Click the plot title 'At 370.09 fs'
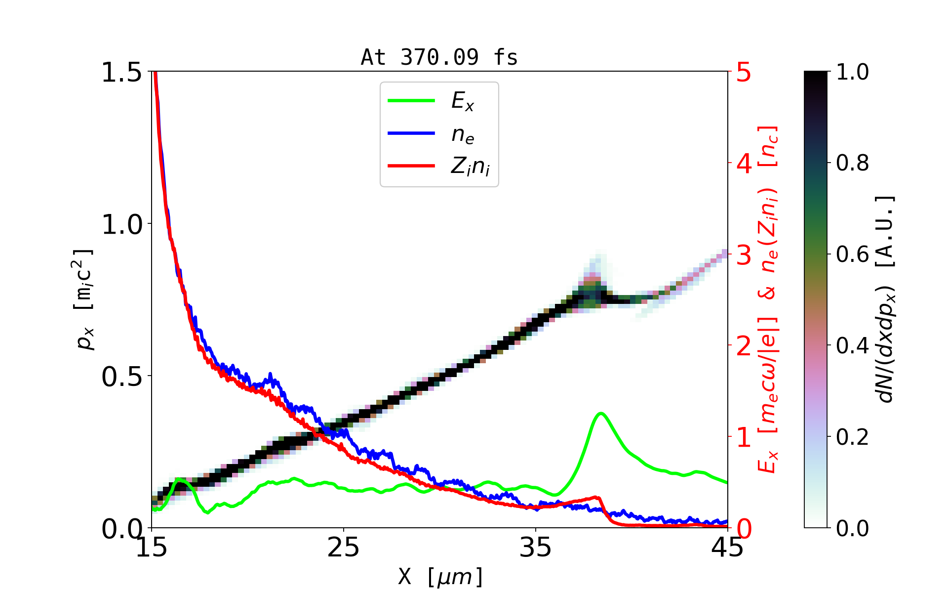[x=439, y=57]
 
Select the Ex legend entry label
[x=463, y=101]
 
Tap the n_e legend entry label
[x=463, y=134]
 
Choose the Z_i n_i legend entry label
[x=470, y=167]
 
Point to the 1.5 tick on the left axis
[x=121, y=72]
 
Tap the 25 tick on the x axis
[x=343, y=548]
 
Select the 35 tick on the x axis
[x=536, y=548]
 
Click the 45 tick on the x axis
[x=728, y=548]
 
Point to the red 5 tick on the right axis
[x=744, y=73]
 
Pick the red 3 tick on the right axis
[x=744, y=255]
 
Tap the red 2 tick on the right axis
[x=744, y=346]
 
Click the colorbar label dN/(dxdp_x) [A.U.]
[x=886, y=299]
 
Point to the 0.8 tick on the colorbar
[x=852, y=163]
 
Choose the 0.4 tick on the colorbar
[x=852, y=346]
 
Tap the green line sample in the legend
[x=411, y=101]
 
